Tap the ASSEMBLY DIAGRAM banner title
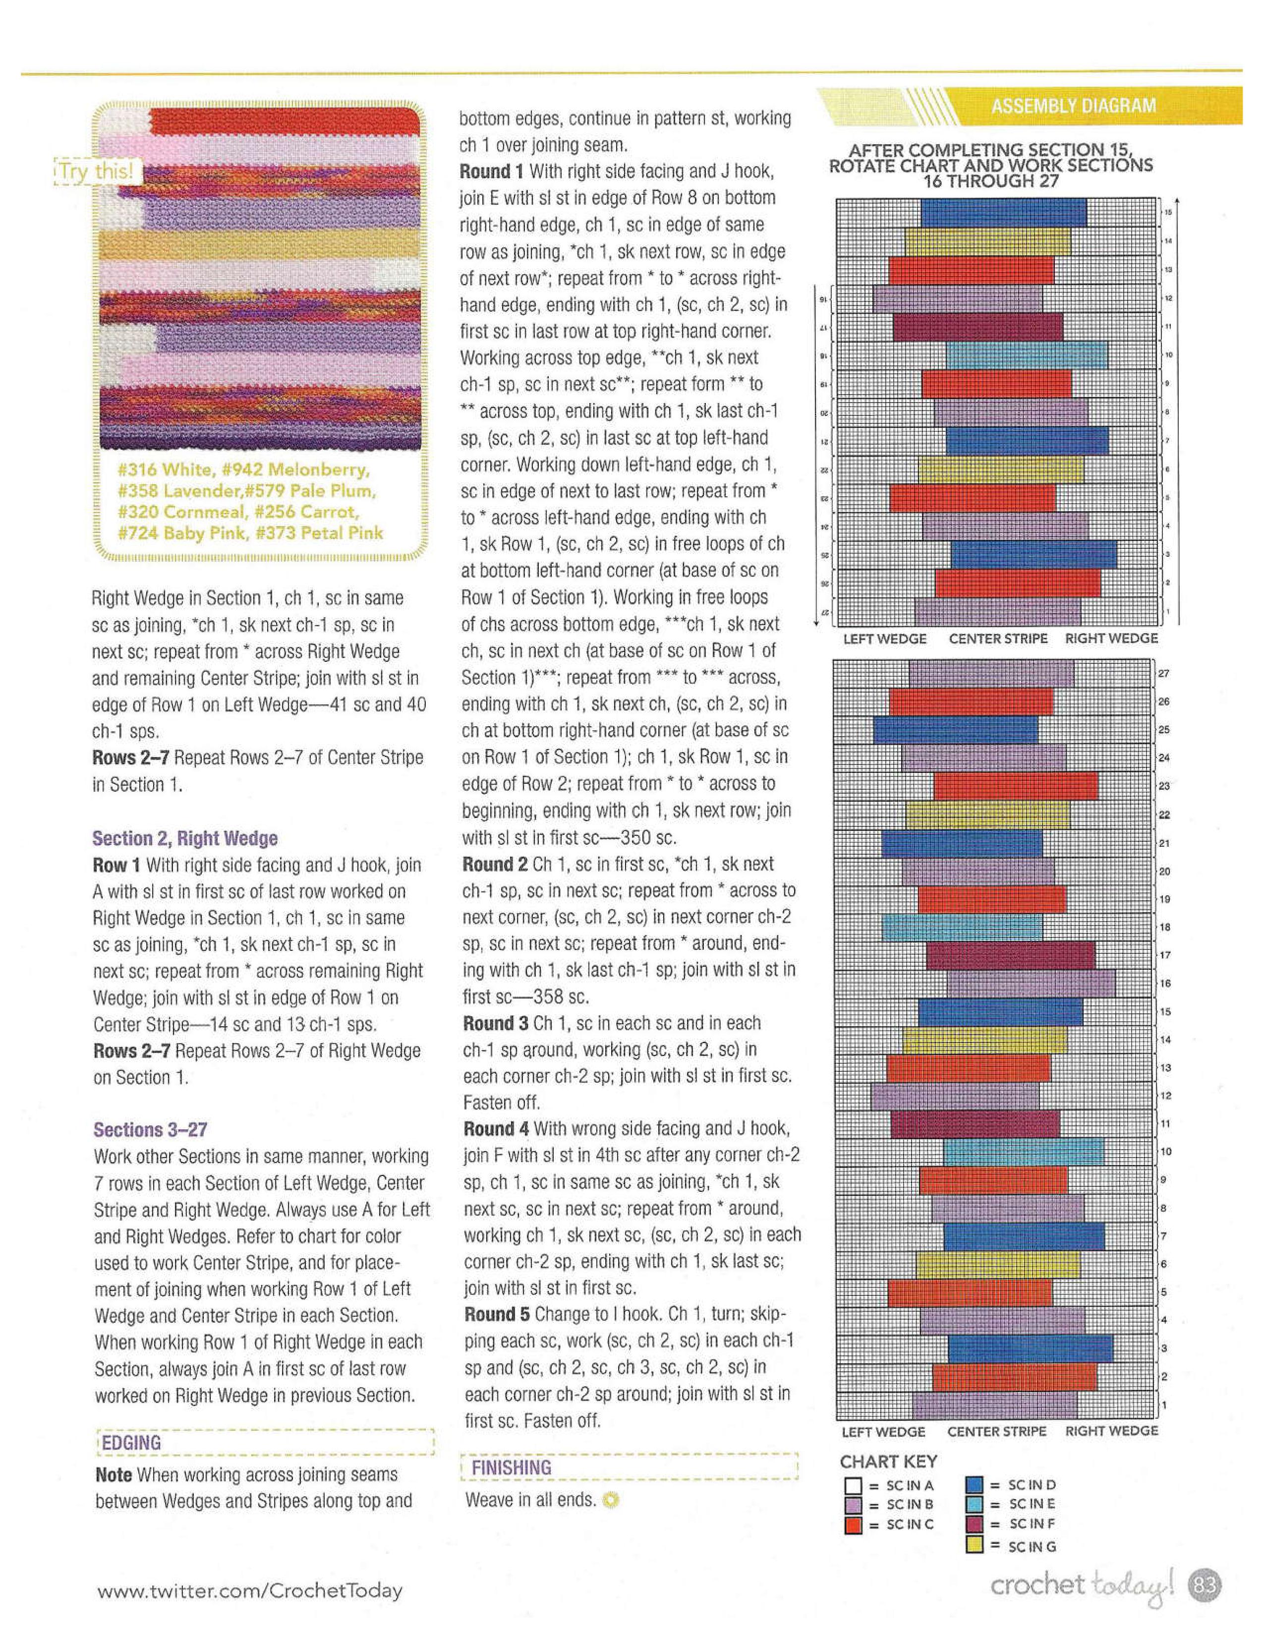click(1073, 106)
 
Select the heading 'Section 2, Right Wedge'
click(184, 838)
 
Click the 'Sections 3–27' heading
click(150, 1130)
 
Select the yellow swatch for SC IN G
click(974, 1545)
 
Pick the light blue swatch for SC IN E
click(974, 1504)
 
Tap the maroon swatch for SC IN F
click(974, 1524)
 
